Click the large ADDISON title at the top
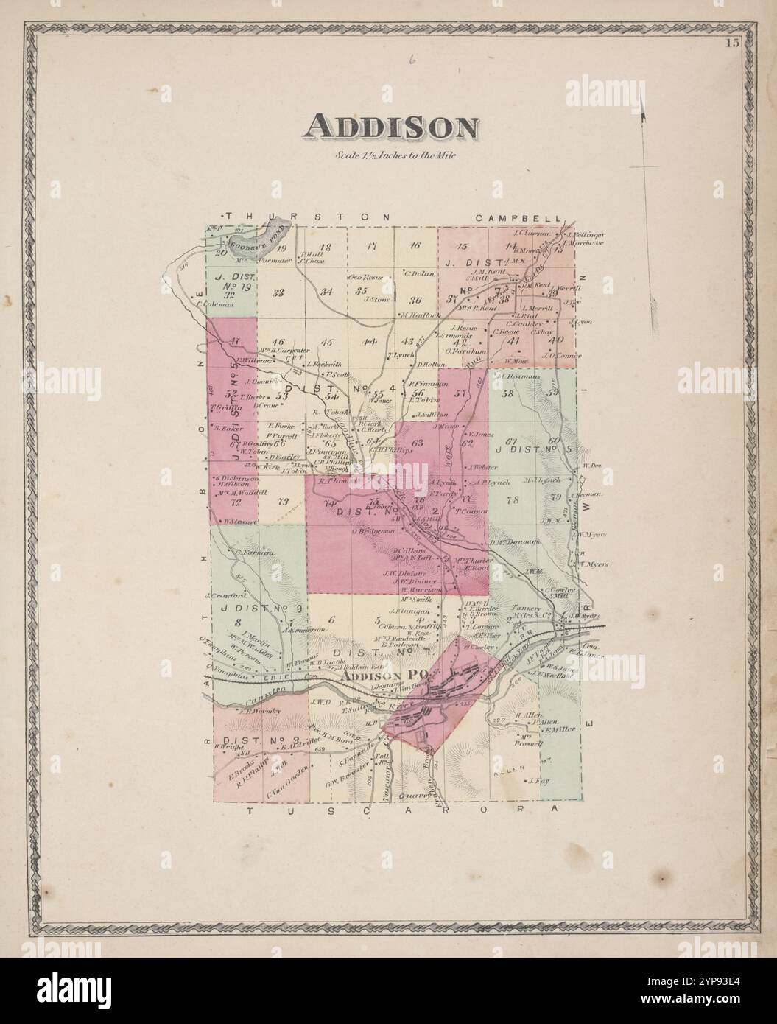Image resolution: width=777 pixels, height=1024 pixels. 390,127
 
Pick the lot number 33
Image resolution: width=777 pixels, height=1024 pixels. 278,292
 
